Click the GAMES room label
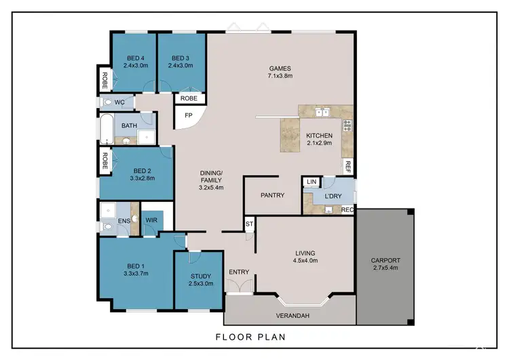280,68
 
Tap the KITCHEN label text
318,136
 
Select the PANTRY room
272,196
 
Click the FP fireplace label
189,115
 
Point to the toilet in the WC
109,103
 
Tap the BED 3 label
181,58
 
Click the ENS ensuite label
124,221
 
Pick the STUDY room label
200,276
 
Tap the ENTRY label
239,272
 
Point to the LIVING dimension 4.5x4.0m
304,261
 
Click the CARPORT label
385,260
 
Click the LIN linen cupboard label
311,182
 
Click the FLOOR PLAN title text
250,337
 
